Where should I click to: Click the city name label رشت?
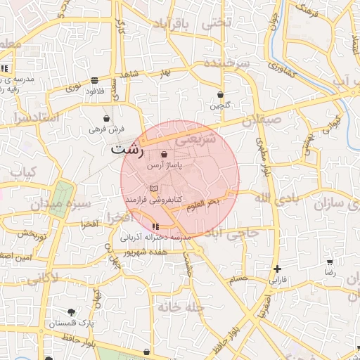tap(127, 150)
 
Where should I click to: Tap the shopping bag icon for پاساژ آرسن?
tap(164, 154)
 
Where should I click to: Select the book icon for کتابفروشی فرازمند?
tap(154, 188)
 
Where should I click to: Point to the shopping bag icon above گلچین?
tap(220, 94)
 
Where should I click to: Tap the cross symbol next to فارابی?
tap(278, 269)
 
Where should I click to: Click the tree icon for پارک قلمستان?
tap(71, 311)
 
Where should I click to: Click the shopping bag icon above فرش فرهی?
tap(106, 117)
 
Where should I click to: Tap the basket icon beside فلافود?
tap(95, 80)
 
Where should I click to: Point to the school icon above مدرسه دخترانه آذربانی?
tap(155, 226)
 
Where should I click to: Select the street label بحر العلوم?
tap(204, 202)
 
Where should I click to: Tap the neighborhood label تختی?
tap(217, 22)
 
